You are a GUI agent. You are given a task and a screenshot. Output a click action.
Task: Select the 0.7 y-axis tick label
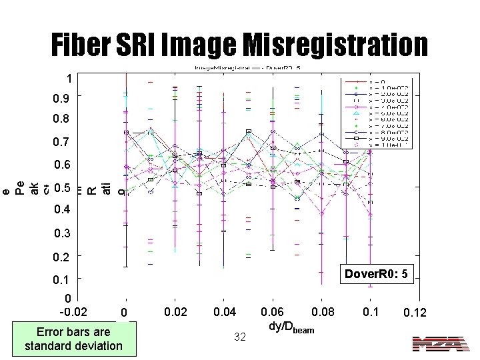[x=61, y=142]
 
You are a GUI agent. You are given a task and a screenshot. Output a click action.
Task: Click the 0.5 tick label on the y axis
[x=61, y=187]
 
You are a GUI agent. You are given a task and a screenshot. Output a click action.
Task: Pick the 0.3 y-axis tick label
[x=61, y=233]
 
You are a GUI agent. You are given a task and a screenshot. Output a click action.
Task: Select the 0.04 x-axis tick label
[x=225, y=311]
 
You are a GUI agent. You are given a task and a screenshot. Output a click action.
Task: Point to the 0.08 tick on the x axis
[x=324, y=311]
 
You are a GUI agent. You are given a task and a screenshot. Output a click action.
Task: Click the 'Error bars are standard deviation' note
[x=73, y=339]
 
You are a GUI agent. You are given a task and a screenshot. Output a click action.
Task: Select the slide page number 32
[x=240, y=337]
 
